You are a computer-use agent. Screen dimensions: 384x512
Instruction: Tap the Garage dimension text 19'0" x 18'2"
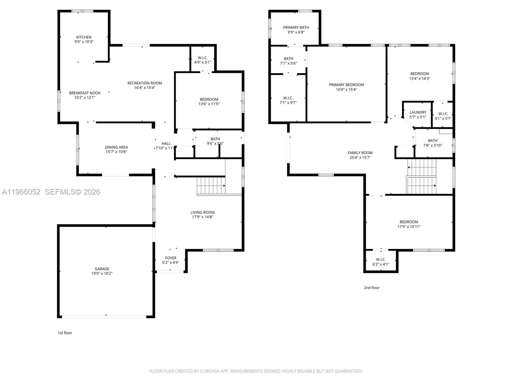[102, 274]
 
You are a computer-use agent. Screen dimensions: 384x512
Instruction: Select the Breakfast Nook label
[85, 93]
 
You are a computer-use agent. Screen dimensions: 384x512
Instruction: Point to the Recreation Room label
[145, 83]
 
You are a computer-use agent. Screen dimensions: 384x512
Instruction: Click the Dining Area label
[116, 147]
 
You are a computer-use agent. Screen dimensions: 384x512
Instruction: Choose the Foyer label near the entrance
[171, 258]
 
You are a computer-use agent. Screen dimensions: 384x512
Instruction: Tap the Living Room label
[203, 212]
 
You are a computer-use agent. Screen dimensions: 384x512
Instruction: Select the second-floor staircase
[421, 177]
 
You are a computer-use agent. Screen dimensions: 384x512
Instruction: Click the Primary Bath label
[296, 28]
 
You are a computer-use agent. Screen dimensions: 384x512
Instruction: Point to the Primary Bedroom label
[346, 85]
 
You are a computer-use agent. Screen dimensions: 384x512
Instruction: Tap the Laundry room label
[418, 112]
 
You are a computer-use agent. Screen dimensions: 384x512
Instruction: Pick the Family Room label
[360, 153]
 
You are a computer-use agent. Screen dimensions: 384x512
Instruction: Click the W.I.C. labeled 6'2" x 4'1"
[381, 262]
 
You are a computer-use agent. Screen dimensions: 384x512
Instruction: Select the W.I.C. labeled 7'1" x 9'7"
[288, 100]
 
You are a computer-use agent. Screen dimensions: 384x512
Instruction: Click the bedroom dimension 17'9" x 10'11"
[409, 227]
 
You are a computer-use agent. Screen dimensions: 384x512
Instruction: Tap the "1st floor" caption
[65, 333]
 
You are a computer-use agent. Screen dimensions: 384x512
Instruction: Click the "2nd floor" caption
[372, 288]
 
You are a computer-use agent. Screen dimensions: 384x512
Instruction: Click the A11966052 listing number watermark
[21, 192]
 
